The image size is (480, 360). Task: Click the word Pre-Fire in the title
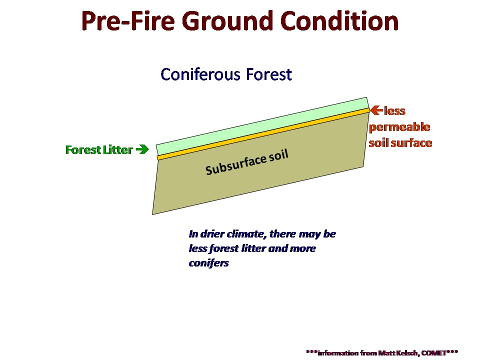128,21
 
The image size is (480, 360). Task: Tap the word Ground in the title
227,21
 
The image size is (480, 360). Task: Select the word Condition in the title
339,21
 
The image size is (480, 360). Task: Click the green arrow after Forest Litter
142,149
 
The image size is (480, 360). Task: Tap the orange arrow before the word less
376,110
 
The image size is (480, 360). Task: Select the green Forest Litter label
99,149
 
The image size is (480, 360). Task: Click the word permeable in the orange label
399,127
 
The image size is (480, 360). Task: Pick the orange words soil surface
400,142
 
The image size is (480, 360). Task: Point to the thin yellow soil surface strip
263,134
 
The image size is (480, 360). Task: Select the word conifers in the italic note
209,263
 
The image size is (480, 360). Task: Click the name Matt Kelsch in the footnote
397,353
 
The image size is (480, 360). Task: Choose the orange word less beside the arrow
394,111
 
